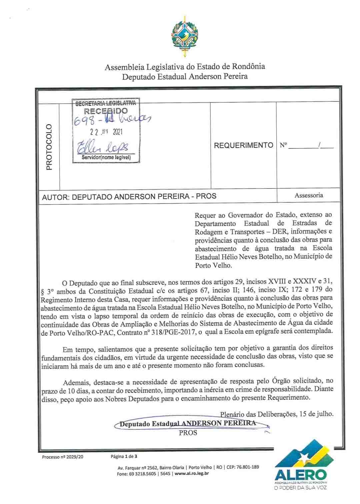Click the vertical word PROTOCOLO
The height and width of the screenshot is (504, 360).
click(49, 147)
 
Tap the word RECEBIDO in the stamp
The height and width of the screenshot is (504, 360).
click(106, 111)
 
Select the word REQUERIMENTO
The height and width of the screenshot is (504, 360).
click(243, 145)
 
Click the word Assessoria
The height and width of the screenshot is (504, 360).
click(309, 196)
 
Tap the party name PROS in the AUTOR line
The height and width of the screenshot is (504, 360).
click(206, 196)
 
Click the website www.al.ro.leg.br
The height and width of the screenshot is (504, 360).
click(191, 474)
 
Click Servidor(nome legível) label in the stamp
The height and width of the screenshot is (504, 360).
click(106, 157)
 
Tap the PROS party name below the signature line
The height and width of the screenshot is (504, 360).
click(188, 433)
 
